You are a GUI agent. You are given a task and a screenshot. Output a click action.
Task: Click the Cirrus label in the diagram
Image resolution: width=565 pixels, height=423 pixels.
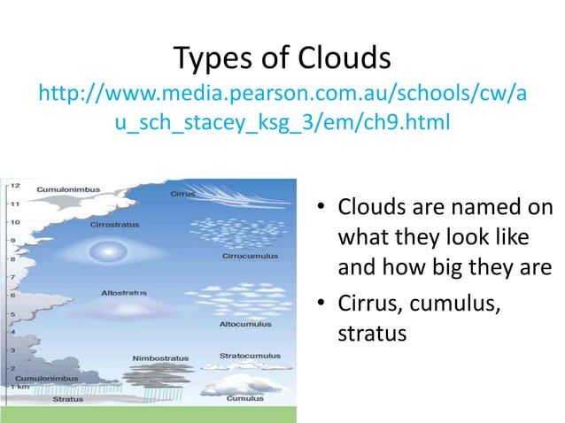tap(182, 191)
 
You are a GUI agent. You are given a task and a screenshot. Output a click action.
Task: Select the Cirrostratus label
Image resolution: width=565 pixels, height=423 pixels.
tap(114, 225)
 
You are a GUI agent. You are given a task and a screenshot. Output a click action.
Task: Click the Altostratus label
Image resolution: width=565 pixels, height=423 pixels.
tap(124, 291)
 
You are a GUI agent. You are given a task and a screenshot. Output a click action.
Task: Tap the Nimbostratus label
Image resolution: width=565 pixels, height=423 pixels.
tap(160, 358)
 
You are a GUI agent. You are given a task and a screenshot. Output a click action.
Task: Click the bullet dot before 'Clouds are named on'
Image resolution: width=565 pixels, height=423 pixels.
tap(323, 210)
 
